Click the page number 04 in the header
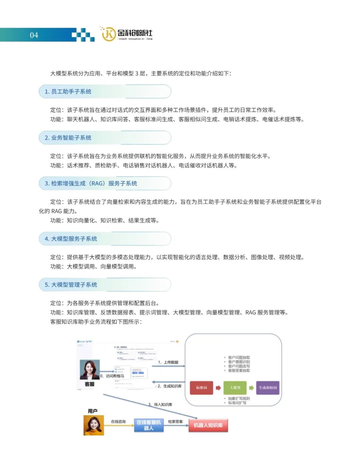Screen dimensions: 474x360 (x=34, y=35)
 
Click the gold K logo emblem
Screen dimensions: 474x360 (x=108, y=34)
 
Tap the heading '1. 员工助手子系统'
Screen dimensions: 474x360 (x=68, y=92)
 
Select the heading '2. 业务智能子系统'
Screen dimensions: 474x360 (x=68, y=138)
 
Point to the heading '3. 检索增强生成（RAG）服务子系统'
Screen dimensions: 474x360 (x=91, y=183)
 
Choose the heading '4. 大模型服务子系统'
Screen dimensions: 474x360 (x=71, y=239)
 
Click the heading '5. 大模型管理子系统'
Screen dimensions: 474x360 (x=71, y=285)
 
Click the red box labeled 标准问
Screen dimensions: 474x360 (x=201, y=388)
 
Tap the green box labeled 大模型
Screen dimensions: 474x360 (x=235, y=388)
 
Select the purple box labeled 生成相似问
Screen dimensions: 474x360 (x=268, y=388)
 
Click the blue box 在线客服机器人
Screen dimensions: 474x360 (x=149, y=425)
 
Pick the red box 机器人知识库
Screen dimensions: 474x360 (x=208, y=425)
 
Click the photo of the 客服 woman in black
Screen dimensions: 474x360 (x=90, y=370)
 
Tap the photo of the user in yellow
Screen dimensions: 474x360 (x=93, y=425)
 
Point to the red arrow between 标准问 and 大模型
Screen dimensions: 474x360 (x=218, y=388)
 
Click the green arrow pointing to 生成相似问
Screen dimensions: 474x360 (x=251, y=388)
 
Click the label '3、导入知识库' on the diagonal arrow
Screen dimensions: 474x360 (x=160, y=404)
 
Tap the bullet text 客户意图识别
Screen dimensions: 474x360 (x=239, y=362)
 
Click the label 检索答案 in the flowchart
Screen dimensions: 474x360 (x=175, y=422)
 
